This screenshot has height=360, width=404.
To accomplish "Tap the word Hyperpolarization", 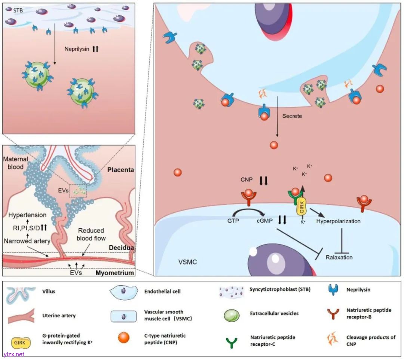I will click(338, 221).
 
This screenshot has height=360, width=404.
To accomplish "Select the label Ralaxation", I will click(339, 257).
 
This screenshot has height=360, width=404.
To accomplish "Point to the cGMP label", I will click(264, 221).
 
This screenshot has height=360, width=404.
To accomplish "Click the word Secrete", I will click(292, 116).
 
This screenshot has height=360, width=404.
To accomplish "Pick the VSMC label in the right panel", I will click(188, 262).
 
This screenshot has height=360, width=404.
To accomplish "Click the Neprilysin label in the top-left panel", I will click(76, 49).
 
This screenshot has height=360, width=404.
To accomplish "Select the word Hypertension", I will click(28, 215).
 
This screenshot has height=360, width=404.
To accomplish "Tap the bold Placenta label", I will click(120, 170).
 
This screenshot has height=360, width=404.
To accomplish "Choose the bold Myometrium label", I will click(115, 273).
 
